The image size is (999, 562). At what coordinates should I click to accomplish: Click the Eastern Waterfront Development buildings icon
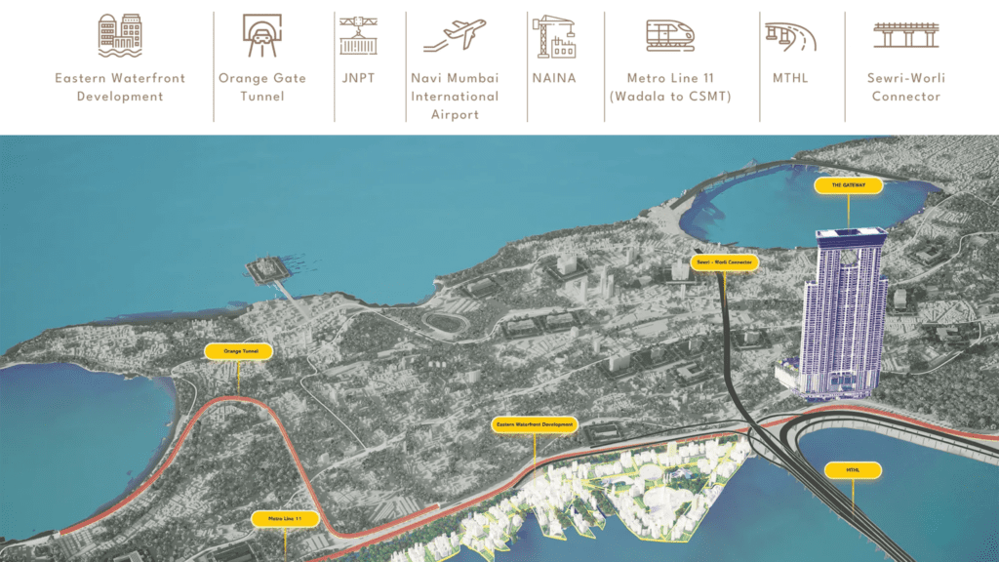click(x=120, y=35)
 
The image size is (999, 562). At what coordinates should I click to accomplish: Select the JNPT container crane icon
click(x=358, y=35)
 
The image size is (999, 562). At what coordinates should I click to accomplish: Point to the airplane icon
click(x=455, y=35)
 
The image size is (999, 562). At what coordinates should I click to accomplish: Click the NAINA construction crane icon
click(x=552, y=35)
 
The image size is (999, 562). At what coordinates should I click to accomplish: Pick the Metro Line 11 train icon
click(x=670, y=35)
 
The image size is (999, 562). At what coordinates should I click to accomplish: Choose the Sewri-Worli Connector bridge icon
click(x=905, y=35)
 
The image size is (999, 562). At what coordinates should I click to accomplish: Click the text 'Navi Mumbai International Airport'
click(x=455, y=96)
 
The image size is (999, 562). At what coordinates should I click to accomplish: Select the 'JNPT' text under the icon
click(x=358, y=78)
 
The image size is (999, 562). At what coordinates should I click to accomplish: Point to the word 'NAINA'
click(x=552, y=78)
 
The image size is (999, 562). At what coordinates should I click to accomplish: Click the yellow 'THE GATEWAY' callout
click(x=848, y=184)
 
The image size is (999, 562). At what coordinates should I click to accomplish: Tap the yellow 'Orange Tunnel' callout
click(x=239, y=350)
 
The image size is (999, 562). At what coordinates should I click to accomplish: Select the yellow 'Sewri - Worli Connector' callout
click(x=724, y=262)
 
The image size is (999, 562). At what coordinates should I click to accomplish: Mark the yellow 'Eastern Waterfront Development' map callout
click(x=536, y=425)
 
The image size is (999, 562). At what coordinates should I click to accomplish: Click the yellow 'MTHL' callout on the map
click(x=853, y=470)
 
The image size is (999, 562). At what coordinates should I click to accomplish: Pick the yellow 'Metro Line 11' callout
click(x=285, y=518)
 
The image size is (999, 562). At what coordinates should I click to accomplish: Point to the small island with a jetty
click(x=262, y=268)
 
